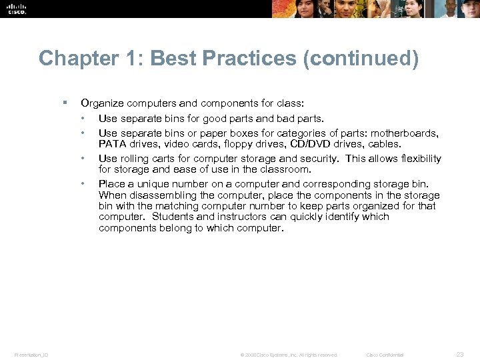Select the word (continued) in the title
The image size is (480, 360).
point(361,59)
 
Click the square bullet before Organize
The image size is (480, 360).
point(64,103)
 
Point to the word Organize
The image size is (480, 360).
point(101,103)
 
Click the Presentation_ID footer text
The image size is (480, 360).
point(31,355)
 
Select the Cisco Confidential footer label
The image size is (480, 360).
point(385,355)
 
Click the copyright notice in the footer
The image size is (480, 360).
point(289,355)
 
